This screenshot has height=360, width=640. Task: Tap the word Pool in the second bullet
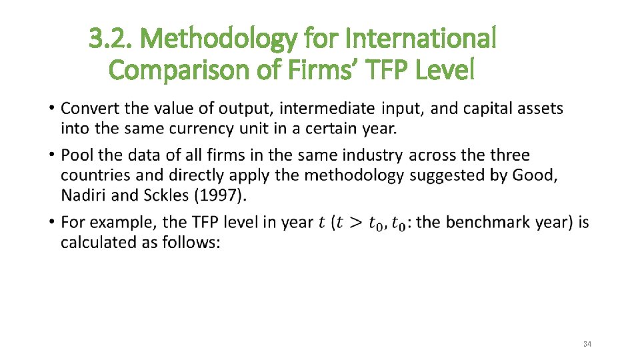coord(75,155)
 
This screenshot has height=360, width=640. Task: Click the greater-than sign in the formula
coord(357,223)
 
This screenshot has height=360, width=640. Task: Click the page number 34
coord(587,344)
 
